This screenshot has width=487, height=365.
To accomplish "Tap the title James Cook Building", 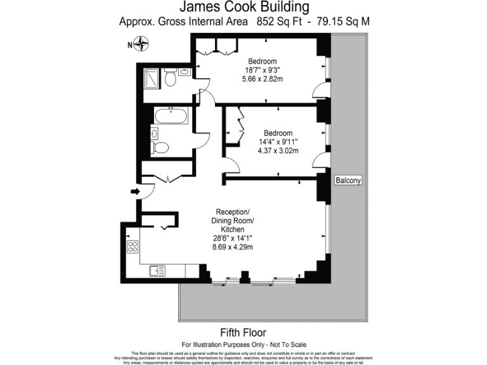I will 244,8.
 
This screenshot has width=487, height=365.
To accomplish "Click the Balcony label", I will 348,180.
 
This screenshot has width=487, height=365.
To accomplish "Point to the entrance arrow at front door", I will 135,191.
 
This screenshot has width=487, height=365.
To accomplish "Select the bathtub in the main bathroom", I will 171,117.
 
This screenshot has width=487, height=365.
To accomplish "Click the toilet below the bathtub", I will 160,148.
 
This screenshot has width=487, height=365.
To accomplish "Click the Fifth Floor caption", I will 243,332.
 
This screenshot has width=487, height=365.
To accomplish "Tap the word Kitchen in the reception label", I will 234,229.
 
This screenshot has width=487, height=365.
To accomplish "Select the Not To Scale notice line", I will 243,343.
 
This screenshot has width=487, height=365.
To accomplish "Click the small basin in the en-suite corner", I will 184,72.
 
